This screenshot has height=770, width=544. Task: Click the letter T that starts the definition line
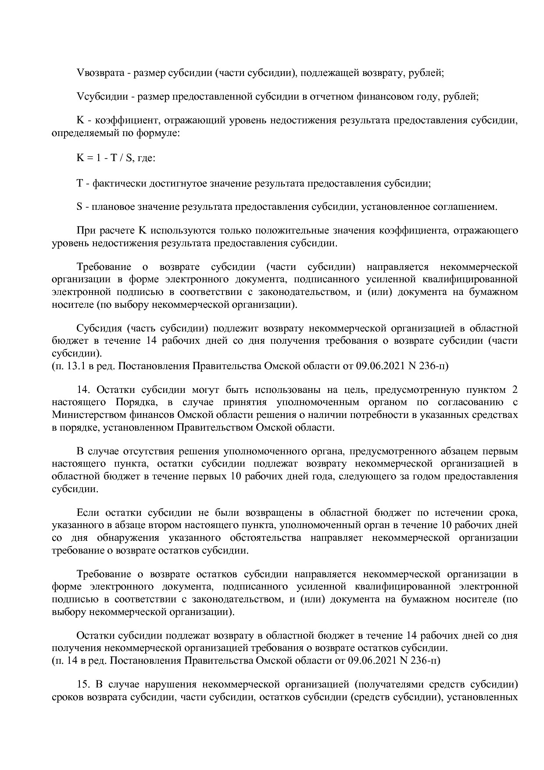(x=79, y=184)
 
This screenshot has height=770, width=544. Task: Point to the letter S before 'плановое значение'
(x=79, y=207)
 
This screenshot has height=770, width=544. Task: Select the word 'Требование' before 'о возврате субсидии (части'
(x=104, y=267)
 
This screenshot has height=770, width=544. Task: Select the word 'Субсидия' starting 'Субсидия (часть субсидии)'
(x=97, y=328)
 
